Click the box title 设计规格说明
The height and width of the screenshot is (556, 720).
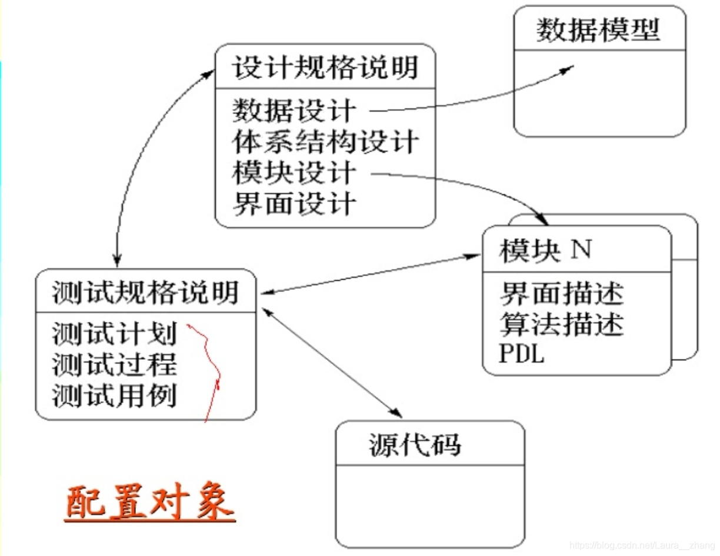click(325, 67)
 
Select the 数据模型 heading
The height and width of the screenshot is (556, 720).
click(598, 30)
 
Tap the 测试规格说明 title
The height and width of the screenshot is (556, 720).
click(145, 292)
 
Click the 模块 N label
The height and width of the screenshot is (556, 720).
click(545, 251)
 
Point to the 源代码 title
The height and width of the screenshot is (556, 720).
click(415, 445)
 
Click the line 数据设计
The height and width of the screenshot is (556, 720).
click(294, 110)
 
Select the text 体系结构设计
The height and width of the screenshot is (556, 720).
click(325, 142)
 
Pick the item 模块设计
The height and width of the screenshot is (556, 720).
click(294, 173)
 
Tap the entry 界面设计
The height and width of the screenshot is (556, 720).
click(294, 204)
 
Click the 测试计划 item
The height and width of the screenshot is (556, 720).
click(114, 334)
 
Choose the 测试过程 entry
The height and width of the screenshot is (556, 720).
click(114, 365)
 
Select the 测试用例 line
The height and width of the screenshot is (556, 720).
click(114, 396)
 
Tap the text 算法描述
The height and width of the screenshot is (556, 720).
click(561, 324)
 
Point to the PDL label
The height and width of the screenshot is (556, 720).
click(521, 354)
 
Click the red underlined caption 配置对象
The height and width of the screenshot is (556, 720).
click(149, 503)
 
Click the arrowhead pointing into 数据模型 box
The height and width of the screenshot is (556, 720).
click(567, 69)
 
